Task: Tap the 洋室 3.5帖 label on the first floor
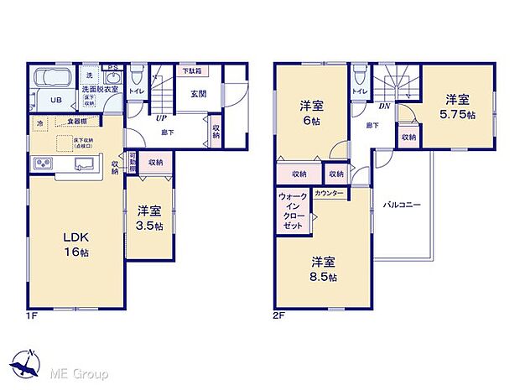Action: pos(151,218)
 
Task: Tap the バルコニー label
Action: pos(403,204)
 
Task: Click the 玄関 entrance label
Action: pos(198,94)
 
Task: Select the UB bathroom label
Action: pos(53,100)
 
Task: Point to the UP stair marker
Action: pos(160,118)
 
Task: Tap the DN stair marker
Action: pos(383,107)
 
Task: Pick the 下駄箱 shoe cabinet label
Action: pos(191,70)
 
